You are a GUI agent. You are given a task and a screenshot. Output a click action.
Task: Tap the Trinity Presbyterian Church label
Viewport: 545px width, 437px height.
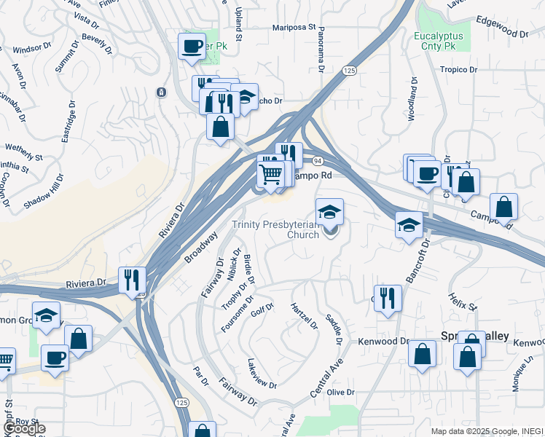(x=275, y=230)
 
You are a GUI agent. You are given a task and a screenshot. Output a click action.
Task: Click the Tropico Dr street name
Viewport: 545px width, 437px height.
(x=458, y=70)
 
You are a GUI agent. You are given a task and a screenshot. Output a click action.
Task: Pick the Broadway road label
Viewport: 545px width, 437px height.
(x=200, y=248)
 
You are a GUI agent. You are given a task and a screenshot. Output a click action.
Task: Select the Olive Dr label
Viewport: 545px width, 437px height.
(x=340, y=393)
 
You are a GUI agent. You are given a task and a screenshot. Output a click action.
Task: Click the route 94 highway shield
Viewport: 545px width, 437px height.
(x=318, y=160)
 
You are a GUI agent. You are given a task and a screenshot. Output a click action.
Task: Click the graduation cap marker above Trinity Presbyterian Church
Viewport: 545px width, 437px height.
(x=329, y=212)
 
